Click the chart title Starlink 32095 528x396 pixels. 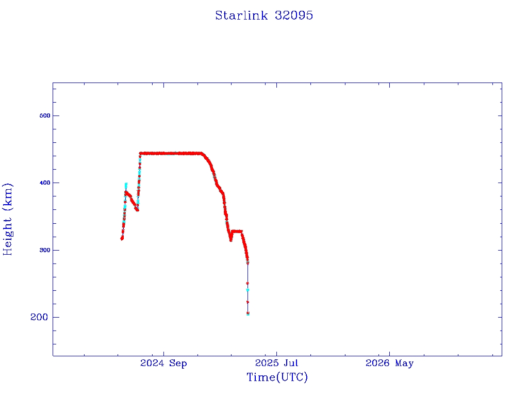[264, 15]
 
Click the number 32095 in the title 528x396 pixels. [294, 15]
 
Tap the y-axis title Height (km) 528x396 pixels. [7, 219]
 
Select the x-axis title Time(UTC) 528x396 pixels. [277, 377]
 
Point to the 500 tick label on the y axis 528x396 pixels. [45, 115]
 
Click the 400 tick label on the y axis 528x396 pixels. [45, 183]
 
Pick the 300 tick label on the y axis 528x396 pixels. [45, 250]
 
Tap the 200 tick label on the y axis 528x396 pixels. [39, 317]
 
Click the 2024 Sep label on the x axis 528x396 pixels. [163, 363]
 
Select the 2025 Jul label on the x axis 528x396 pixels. [276, 363]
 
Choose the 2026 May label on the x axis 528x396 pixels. [390, 363]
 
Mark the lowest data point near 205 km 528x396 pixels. [248, 313]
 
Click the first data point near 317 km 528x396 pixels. [122, 238]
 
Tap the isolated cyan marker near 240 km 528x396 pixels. [247, 290]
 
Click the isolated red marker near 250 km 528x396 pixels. [247, 283]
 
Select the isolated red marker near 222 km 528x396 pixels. [247, 302]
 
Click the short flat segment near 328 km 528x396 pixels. [237, 232]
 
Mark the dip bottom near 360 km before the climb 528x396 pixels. [137, 209]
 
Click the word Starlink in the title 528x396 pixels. [241, 15]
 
